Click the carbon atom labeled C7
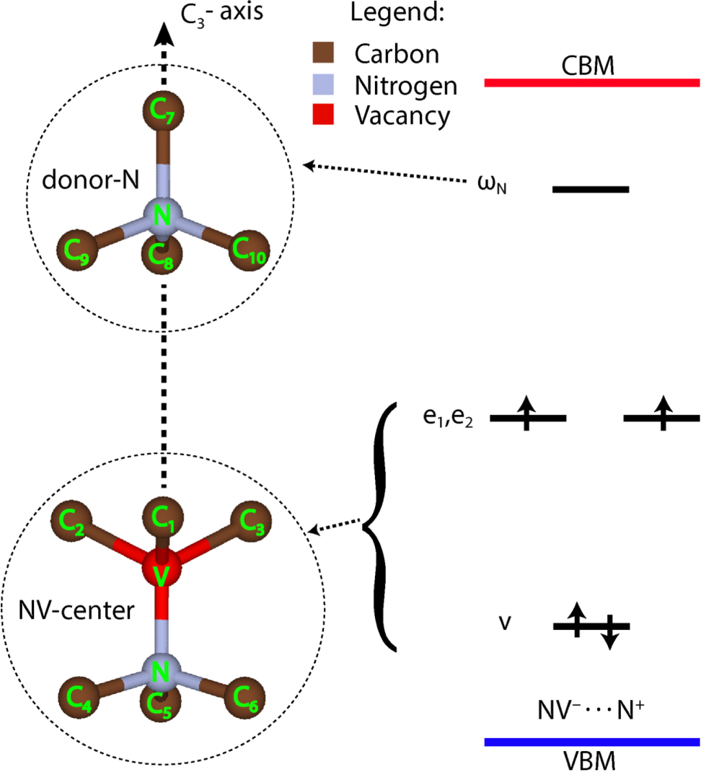pyautogui.click(x=164, y=111)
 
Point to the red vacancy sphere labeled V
pyautogui.click(x=164, y=574)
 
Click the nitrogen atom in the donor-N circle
pyautogui.click(x=164, y=215)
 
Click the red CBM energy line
pyautogui.click(x=591, y=83)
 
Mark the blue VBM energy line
pyautogui.click(x=591, y=742)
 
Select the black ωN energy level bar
pyautogui.click(x=591, y=189)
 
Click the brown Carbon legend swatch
pyautogui.click(x=319, y=53)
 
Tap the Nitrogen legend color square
pyautogui.click(x=319, y=84)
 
